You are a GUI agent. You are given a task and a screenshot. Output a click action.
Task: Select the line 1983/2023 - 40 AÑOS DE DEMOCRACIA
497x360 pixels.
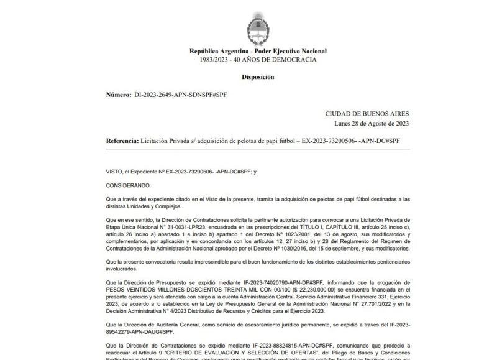click(258, 60)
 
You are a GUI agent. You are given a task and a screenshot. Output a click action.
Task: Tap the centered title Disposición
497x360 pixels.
click(258, 76)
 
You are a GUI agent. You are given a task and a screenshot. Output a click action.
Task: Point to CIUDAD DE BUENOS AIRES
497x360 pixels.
click(367, 114)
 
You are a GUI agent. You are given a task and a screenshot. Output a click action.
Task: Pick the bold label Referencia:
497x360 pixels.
click(122, 141)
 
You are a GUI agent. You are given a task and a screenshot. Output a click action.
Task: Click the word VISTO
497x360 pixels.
click(116, 171)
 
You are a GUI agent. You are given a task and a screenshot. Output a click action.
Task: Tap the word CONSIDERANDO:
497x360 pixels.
click(128, 185)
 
